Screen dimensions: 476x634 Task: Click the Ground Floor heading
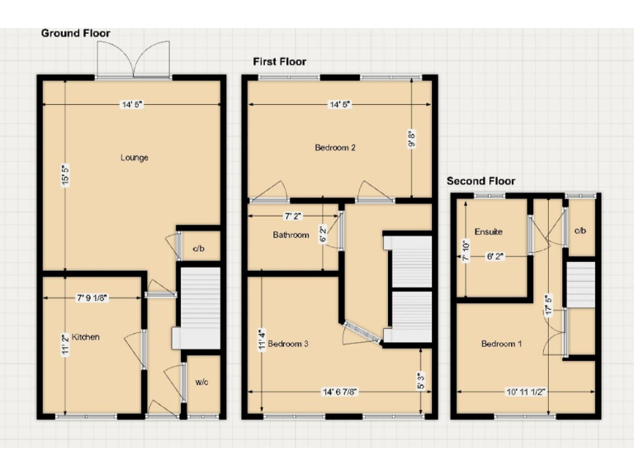coord(75,33)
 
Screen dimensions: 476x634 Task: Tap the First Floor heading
coord(279,61)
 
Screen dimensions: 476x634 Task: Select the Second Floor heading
coord(480,181)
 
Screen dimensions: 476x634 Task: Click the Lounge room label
coord(134,158)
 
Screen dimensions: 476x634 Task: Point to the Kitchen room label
coord(86,337)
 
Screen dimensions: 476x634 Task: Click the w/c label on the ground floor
coord(201,382)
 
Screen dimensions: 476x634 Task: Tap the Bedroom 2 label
coord(335,149)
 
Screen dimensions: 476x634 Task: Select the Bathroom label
coord(291,236)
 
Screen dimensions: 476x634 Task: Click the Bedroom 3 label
coord(288,344)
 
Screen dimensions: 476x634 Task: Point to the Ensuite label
coord(488,232)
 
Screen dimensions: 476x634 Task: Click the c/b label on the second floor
coord(580,231)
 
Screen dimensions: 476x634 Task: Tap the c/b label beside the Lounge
coord(199,248)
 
